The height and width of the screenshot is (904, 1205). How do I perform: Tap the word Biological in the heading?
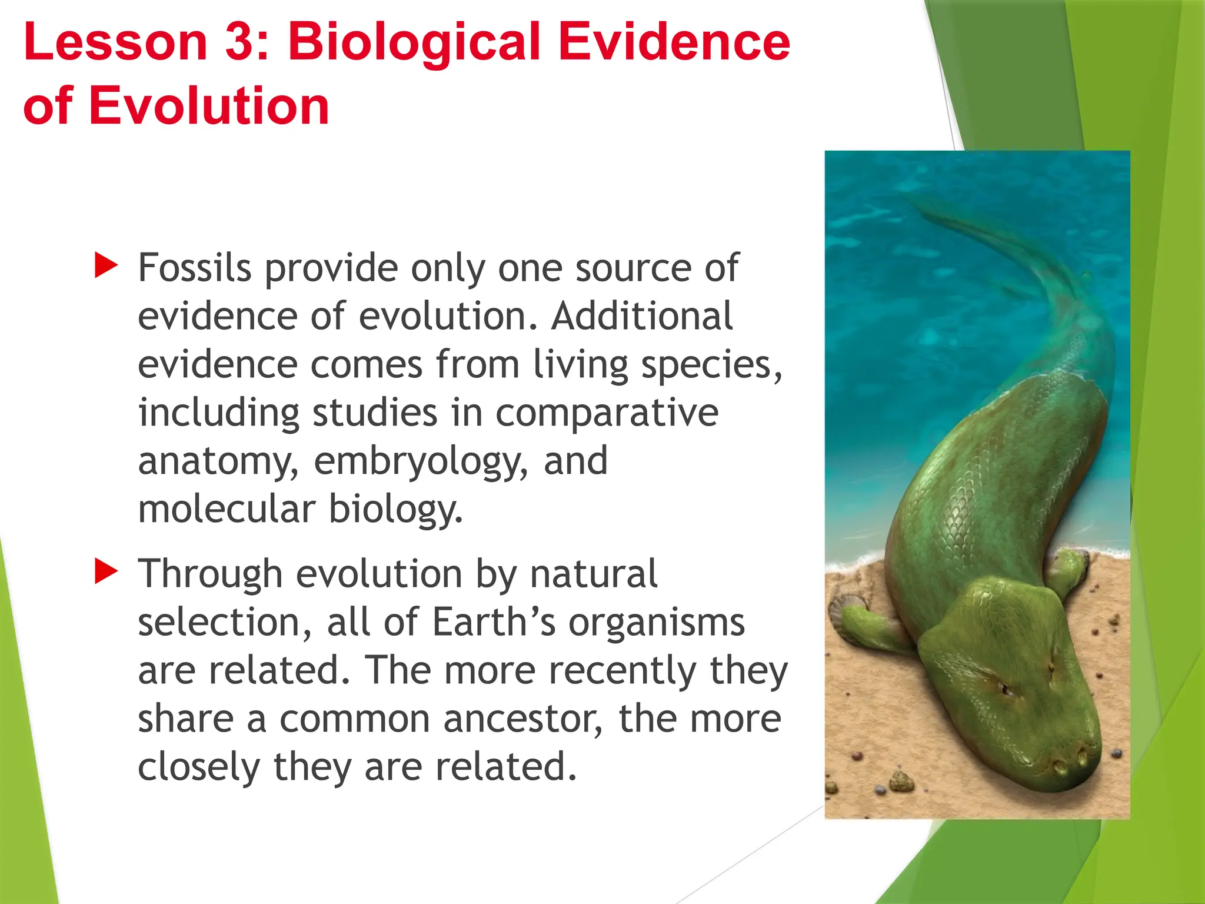click(x=414, y=42)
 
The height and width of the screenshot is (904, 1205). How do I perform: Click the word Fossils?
click(x=194, y=268)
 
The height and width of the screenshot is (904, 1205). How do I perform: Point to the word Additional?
click(x=642, y=316)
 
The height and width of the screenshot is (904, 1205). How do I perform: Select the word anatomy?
click(x=218, y=461)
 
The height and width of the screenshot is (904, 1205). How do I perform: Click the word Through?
click(x=210, y=574)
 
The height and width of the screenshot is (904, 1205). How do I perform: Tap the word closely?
click(x=198, y=767)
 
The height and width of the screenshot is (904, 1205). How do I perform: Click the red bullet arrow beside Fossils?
click(x=106, y=266)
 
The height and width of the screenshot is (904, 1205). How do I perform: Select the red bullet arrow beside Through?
click(x=106, y=572)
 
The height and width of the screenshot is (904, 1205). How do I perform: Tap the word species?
click(x=710, y=365)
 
